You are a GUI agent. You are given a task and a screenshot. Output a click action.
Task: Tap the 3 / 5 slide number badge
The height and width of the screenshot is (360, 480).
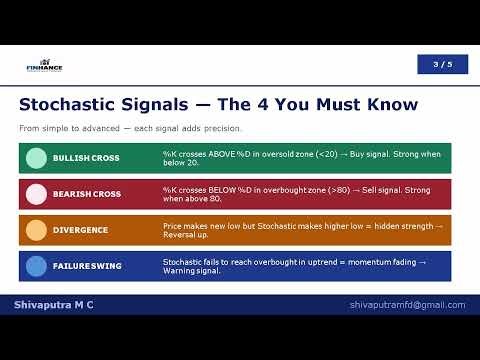pyautogui.click(x=442, y=64)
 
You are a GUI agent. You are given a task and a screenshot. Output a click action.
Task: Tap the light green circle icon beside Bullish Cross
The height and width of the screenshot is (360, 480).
pyautogui.click(x=37, y=158)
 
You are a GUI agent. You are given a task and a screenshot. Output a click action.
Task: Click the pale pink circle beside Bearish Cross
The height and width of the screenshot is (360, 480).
pyautogui.click(x=37, y=194)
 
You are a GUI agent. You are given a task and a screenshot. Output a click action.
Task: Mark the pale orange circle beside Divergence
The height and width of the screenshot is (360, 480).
pyautogui.click(x=37, y=230)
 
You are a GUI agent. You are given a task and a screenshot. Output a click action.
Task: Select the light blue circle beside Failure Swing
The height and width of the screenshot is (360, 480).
pyautogui.click(x=37, y=266)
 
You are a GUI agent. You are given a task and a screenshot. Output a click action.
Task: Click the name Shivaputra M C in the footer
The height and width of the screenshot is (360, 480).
pyautogui.click(x=53, y=304)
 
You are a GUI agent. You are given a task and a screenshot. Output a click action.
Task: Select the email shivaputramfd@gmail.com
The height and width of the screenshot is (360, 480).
pyautogui.click(x=407, y=304)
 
